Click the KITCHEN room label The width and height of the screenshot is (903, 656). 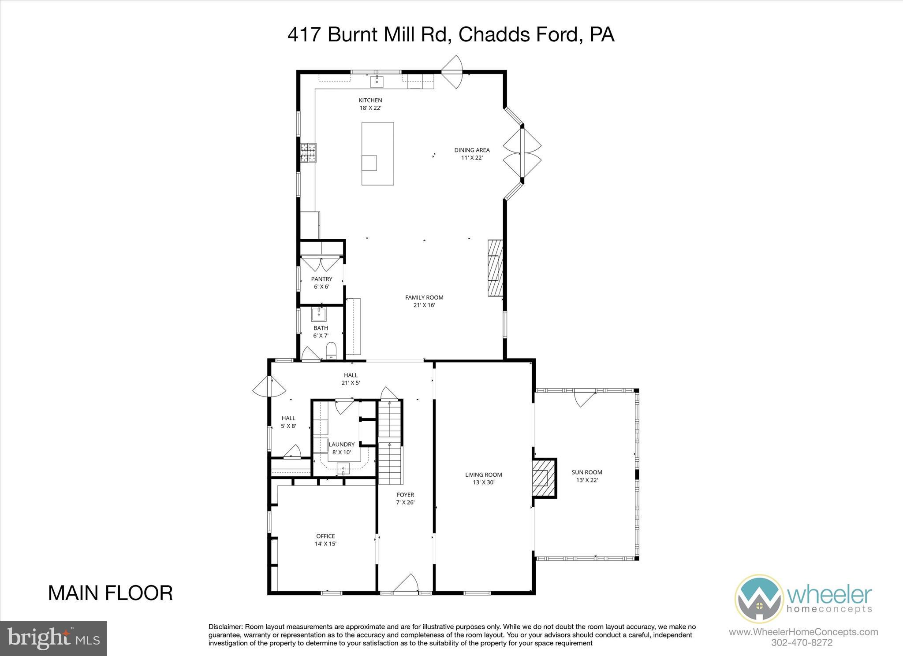pos(370,100)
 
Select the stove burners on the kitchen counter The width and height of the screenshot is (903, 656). pos(308,153)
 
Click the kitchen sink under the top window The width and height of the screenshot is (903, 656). pos(377,82)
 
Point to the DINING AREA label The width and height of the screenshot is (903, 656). pos(472,150)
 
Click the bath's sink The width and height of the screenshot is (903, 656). pos(319,315)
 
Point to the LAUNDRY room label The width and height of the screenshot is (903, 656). pos(341,445)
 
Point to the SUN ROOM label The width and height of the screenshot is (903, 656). pos(587,472)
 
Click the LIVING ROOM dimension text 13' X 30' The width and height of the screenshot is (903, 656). pos(484,482)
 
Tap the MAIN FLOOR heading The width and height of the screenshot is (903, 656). pos(110,593)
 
